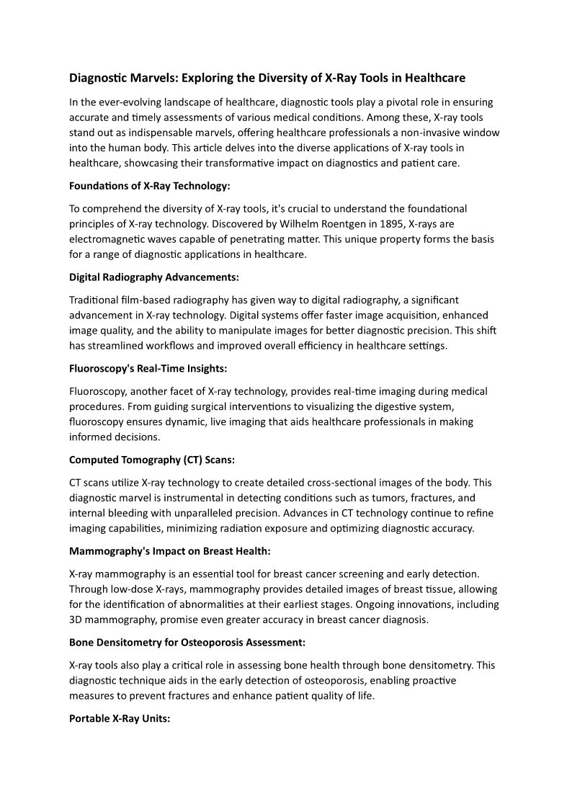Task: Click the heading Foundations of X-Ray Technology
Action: tap(149, 186)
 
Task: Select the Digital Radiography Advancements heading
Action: tap(153, 277)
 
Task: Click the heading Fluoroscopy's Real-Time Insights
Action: tap(148, 368)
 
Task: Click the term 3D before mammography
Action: tap(77, 619)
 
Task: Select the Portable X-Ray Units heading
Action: tap(119, 718)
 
